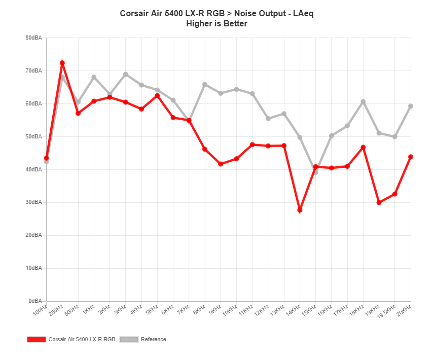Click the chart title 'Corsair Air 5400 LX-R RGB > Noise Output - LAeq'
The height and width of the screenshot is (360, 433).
point(216,13)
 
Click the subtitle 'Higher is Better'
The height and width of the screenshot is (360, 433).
point(216,23)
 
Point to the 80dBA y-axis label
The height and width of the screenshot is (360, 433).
point(33,38)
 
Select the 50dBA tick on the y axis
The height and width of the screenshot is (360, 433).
point(33,136)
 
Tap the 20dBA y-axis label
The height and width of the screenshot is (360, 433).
point(33,235)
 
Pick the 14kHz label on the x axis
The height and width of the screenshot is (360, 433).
point(294,310)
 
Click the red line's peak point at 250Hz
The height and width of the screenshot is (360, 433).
point(62,63)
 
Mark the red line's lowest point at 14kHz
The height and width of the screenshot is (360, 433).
point(300,209)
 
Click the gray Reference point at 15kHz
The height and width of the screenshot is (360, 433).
point(315,172)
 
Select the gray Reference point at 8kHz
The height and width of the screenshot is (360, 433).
point(205,84)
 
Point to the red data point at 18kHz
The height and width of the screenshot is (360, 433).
point(363,148)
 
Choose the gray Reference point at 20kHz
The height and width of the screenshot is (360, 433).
point(411,106)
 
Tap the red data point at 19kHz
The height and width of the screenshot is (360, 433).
point(379,202)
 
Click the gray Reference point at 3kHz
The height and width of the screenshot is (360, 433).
point(126,74)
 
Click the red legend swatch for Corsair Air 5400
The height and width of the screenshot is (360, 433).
point(36,339)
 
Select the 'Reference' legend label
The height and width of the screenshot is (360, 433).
point(153,339)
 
